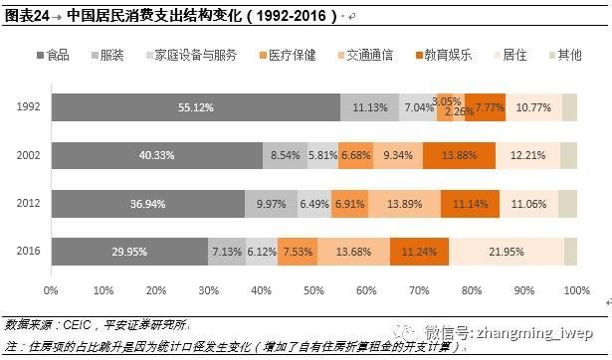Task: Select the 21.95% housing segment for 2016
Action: pos(507,252)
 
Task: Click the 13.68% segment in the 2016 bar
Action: pos(353,252)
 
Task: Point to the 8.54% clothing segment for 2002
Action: pos(285,155)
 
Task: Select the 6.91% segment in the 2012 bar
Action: pos(350,203)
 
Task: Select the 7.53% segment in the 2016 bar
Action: pos(298,252)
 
